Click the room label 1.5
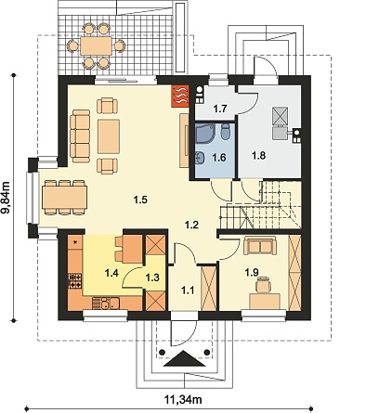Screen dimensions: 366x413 coord(140,200)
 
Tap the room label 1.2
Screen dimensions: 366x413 coord(191,225)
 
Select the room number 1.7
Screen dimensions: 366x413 coord(220,109)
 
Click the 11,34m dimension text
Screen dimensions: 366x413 coord(182,399)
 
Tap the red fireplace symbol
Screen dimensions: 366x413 coord(180,96)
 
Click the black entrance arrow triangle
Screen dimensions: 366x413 coord(184,358)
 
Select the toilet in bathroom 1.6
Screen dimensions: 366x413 coord(226,131)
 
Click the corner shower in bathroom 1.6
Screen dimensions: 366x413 coord(204,134)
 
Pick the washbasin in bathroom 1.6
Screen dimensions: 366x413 coord(200,158)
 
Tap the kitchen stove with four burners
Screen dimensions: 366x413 coord(75,281)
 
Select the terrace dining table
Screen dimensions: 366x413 coord(96,46)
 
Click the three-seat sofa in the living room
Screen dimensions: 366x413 coord(80,136)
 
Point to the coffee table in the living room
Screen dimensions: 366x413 coord(109,136)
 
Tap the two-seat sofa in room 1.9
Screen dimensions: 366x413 coord(260,245)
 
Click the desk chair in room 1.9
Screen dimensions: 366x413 coord(263,285)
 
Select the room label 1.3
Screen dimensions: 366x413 coord(152,277)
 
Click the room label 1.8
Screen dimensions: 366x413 coord(258,155)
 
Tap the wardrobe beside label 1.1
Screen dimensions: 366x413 coord(208,288)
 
